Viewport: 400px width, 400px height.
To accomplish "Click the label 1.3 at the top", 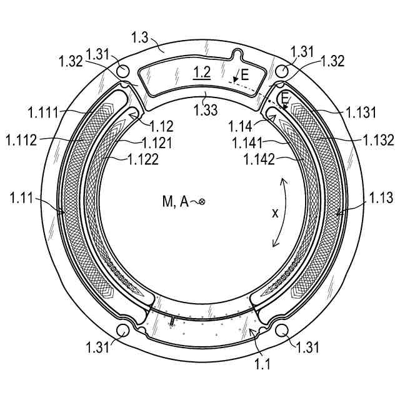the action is point(140,37).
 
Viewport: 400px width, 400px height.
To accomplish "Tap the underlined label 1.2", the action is point(202,72).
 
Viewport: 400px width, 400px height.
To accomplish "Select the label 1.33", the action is point(206,110).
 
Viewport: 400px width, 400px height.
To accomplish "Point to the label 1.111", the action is point(43,112).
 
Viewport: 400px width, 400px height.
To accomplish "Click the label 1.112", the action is point(21,140).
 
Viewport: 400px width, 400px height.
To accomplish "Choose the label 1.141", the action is point(247,143).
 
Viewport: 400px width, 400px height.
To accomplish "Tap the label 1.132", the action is point(379,140).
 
